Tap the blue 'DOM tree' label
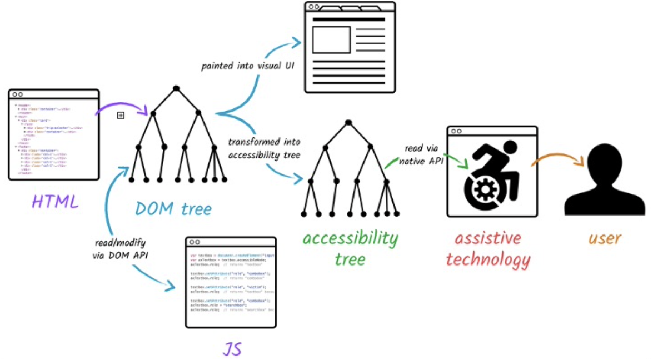(x=173, y=208)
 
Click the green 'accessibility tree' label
(x=350, y=248)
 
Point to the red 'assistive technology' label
(x=488, y=248)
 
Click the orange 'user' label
(x=604, y=238)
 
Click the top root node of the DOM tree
(x=176, y=88)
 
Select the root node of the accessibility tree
(x=348, y=122)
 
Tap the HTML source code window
(x=54, y=134)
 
